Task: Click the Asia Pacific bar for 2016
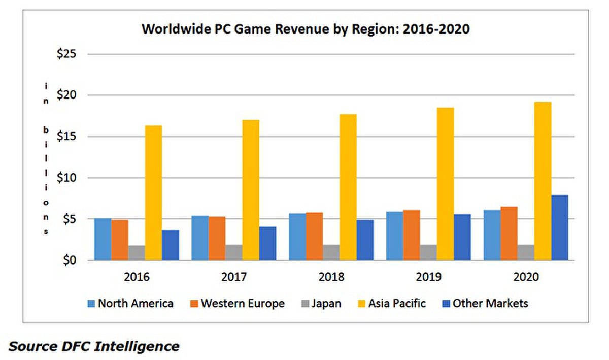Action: (x=153, y=193)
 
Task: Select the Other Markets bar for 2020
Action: (x=560, y=227)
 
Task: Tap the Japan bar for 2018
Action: (x=330, y=252)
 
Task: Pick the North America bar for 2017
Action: (x=200, y=238)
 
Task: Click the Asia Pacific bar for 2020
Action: (x=543, y=181)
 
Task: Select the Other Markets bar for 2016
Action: (x=171, y=245)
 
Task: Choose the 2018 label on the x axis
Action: (x=331, y=277)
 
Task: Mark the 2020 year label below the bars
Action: (x=526, y=277)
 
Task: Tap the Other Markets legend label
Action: (x=490, y=304)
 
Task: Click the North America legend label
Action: (x=135, y=304)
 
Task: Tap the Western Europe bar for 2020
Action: (x=509, y=234)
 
